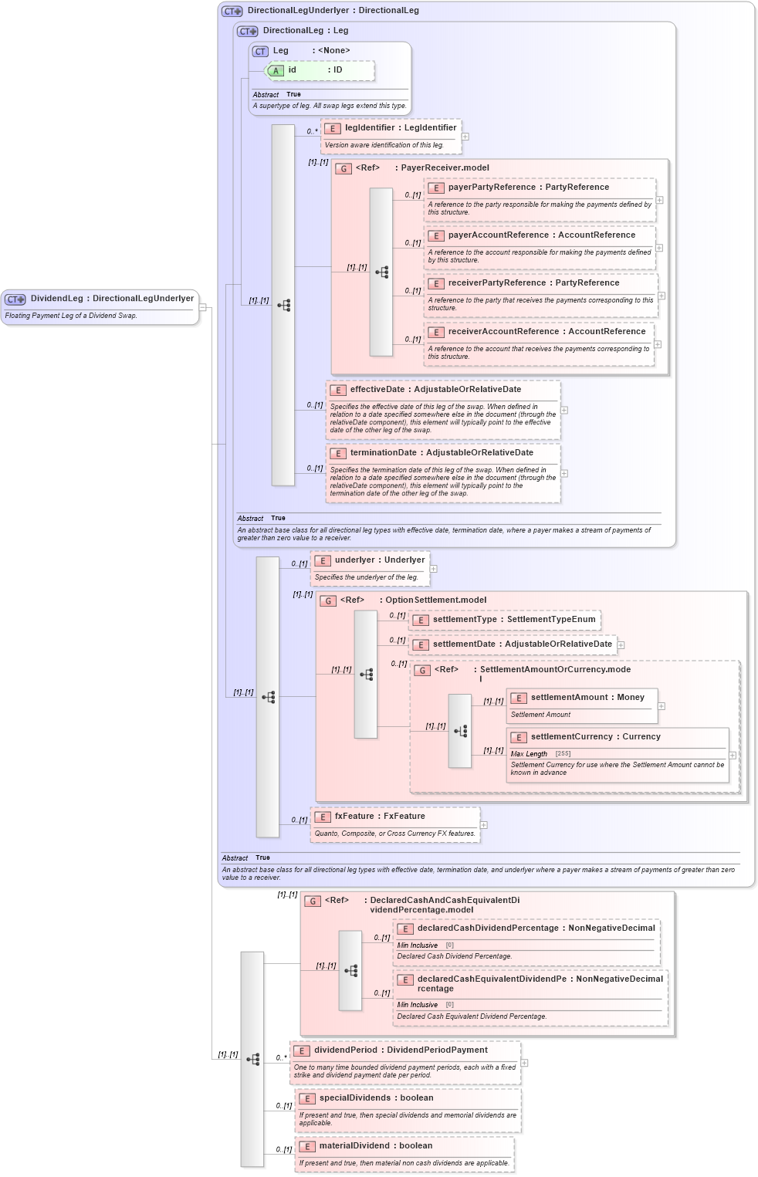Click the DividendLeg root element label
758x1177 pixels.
tap(112, 299)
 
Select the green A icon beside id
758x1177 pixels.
tap(276, 71)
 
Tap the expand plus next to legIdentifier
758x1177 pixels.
tap(465, 137)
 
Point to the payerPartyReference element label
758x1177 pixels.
tap(528, 188)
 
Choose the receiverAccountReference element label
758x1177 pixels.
tap(547, 332)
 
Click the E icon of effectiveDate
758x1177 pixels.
tap(337, 391)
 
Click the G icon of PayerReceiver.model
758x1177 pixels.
tap(343, 168)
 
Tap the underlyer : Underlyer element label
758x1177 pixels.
tap(379, 560)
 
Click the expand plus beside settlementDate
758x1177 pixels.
tap(621, 645)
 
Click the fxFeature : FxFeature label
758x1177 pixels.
tap(379, 817)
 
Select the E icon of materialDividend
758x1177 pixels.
tap(306, 1147)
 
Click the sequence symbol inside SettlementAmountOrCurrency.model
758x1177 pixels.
tap(460, 731)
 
